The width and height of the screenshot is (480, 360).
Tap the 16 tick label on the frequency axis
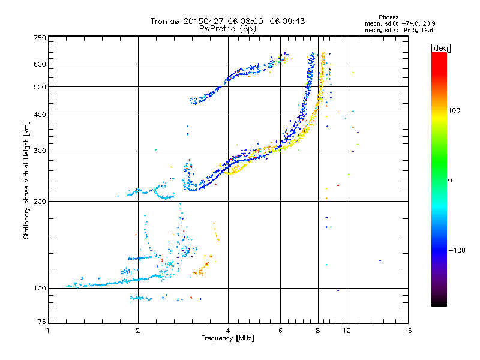pyautogui.click(x=407, y=331)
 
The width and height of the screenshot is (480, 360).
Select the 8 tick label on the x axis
pyautogui.click(x=318, y=331)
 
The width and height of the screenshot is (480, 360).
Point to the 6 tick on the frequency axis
pyautogui.click(x=281, y=331)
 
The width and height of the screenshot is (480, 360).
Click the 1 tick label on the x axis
pyautogui.click(x=48, y=331)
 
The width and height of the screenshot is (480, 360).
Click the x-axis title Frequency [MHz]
pyautogui.click(x=228, y=339)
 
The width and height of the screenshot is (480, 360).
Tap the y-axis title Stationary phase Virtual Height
pyautogui.click(x=26, y=180)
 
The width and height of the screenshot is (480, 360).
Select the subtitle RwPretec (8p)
pyautogui.click(x=228, y=28)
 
